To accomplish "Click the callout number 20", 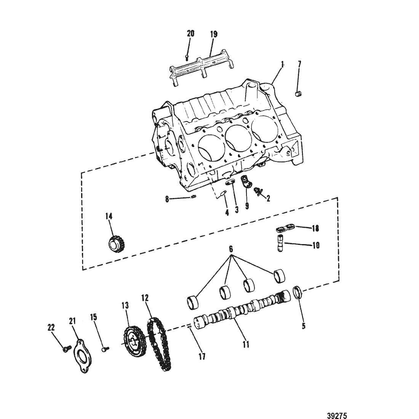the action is click(x=190, y=34).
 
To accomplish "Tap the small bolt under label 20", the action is click(x=187, y=57).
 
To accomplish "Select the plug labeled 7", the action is click(x=299, y=94).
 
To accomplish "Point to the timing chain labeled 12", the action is click(x=159, y=344).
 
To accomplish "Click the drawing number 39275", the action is click(x=337, y=415).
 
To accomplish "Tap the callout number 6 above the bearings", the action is click(x=231, y=249).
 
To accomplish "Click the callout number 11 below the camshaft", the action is click(x=246, y=344).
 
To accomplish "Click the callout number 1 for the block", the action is click(x=283, y=64).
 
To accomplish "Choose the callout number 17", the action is click(x=202, y=356).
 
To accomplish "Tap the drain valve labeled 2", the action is click(x=258, y=191).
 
